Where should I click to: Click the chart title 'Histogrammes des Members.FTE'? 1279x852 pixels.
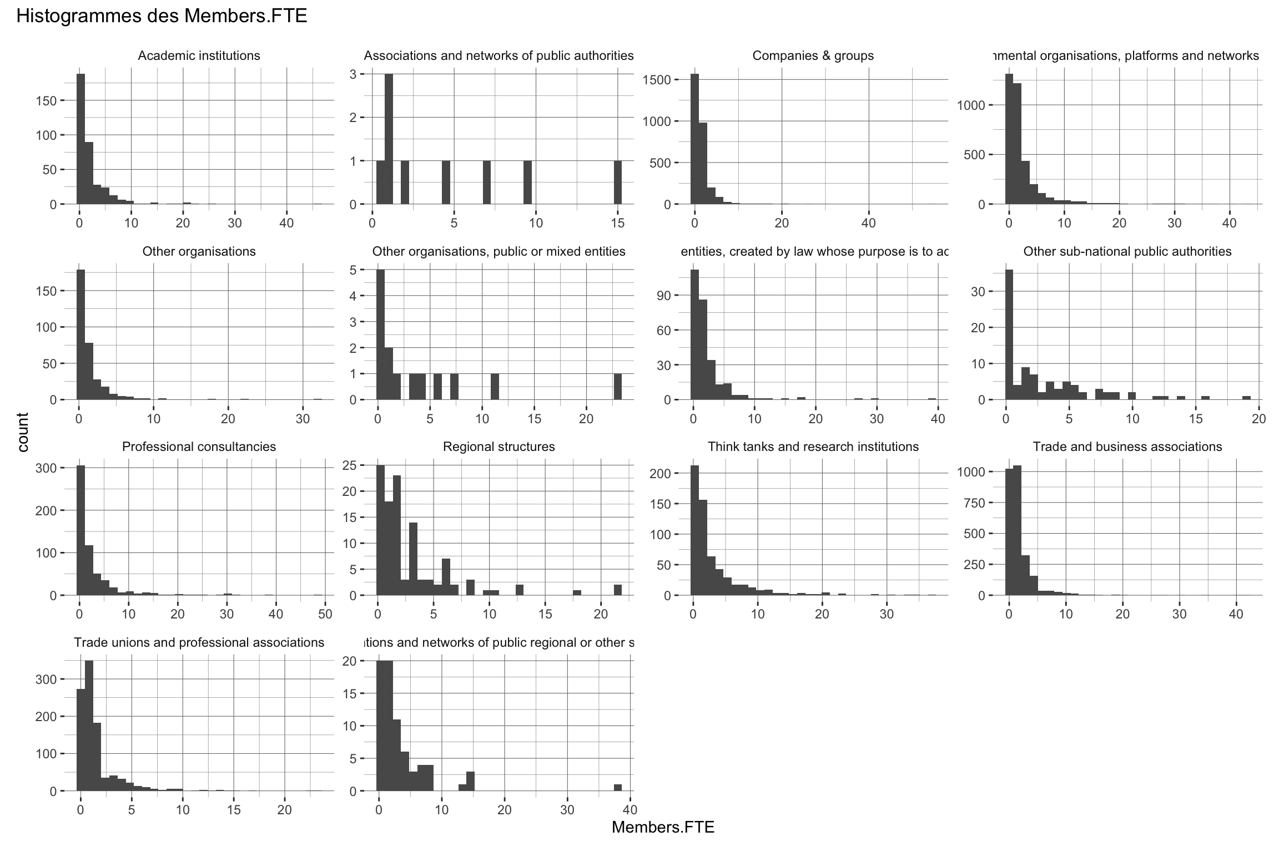pyautogui.click(x=162, y=17)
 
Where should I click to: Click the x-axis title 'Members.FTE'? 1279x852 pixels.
pyautogui.click(x=663, y=827)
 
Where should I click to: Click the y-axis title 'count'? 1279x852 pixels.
pyautogui.click(x=23, y=432)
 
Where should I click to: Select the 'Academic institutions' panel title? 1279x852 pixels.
pyautogui.click(x=199, y=56)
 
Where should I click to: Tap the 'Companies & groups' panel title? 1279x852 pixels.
pyautogui.click(x=813, y=56)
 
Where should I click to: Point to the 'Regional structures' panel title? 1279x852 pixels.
pyautogui.click(x=498, y=447)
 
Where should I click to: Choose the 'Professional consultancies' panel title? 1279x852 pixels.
pyautogui.click(x=199, y=447)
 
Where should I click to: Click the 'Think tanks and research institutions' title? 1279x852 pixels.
pyautogui.click(x=813, y=447)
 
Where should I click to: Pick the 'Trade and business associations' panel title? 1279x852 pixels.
pyautogui.click(x=1127, y=447)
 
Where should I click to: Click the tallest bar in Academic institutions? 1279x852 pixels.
pyautogui.click(x=81, y=139)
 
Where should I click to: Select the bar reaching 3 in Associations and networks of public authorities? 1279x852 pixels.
pyautogui.click(x=389, y=139)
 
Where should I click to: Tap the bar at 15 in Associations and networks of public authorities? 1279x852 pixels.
pyautogui.click(x=617, y=182)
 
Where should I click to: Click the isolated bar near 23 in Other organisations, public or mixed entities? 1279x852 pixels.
pyautogui.click(x=617, y=387)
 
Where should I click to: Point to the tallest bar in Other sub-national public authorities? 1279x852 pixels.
pyautogui.click(x=1009, y=334)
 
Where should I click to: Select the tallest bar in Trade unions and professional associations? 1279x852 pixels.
pyautogui.click(x=89, y=726)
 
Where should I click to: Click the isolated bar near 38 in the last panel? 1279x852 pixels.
pyautogui.click(x=617, y=788)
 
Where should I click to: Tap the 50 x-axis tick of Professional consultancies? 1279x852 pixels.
pyautogui.click(x=325, y=614)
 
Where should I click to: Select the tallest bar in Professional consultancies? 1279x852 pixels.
pyautogui.click(x=81, y=530)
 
